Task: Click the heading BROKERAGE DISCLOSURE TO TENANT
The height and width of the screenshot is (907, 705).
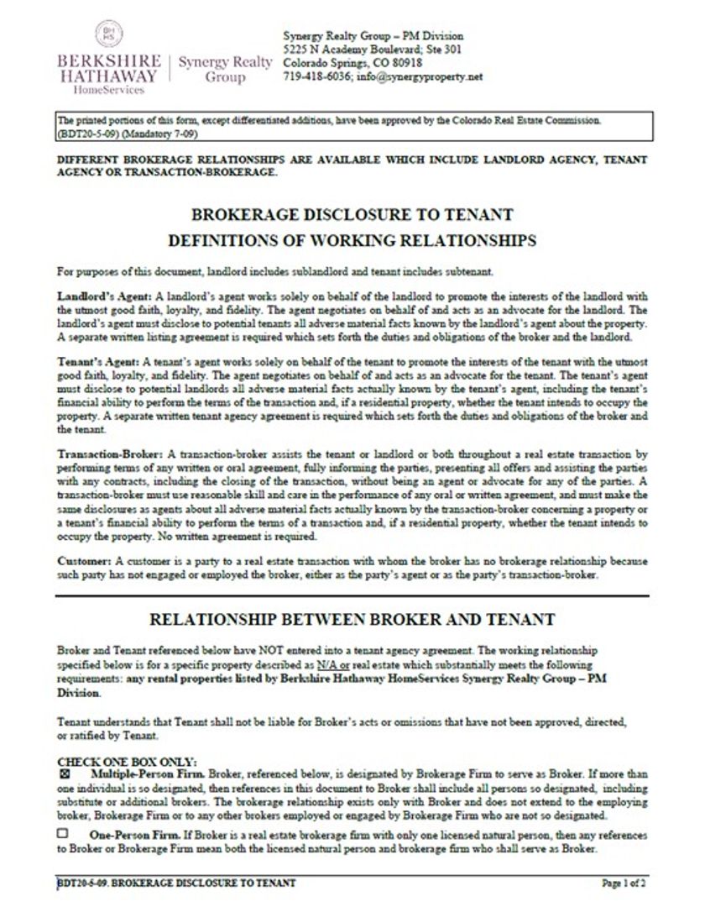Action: pyautogui.click(x=352, y=214)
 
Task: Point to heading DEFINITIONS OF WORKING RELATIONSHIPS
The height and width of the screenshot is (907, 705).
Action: pyautogui.click(x=352, y=241)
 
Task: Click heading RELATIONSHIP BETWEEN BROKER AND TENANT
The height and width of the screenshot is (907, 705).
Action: pyautogui.click(x=352, y=620)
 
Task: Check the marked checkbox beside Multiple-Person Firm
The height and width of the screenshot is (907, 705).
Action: pyautogui.click(x=64, y=770)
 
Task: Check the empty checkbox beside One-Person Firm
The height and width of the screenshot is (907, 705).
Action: pyautogui.click(x=63, y=834)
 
